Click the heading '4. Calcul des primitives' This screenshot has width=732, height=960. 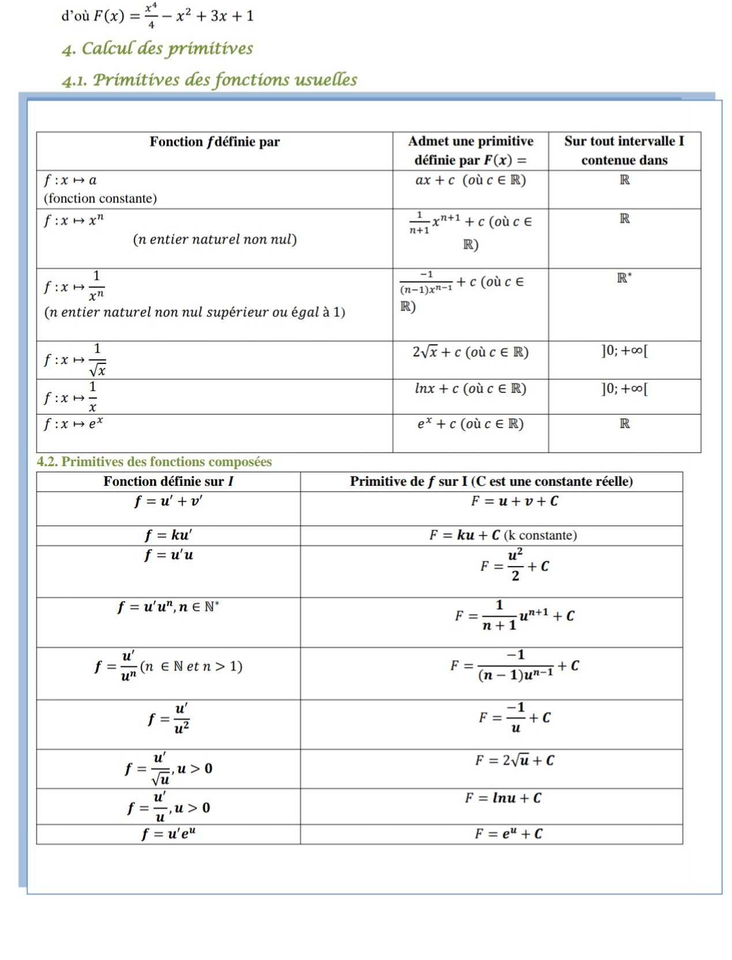point(157,48)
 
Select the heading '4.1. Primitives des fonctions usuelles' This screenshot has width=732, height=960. point(209,80)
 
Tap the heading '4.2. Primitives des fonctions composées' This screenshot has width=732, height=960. point(154,462)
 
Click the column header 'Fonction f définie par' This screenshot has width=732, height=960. point(215,142)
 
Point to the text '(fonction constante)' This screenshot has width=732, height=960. point(100,198)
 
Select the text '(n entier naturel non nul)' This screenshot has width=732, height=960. point(215,239)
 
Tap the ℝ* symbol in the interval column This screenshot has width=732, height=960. point(624,278)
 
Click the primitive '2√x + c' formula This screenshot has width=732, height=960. point(470,352)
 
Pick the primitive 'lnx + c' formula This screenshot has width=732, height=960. point(470,389)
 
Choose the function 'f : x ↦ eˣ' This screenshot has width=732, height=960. point(73,423)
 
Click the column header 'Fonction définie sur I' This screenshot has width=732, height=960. point(168,481)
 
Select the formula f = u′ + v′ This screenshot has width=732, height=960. point(168,501)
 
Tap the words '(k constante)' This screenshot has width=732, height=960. point(540,535)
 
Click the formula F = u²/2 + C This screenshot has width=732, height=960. point(515,565)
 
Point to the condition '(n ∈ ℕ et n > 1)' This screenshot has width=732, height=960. point(191,667)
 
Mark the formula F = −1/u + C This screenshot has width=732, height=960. point(515,718)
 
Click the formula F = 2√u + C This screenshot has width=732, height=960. point(515,760)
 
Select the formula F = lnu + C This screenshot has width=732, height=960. point(503,798)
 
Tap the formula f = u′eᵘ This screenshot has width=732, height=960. point(168,834)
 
